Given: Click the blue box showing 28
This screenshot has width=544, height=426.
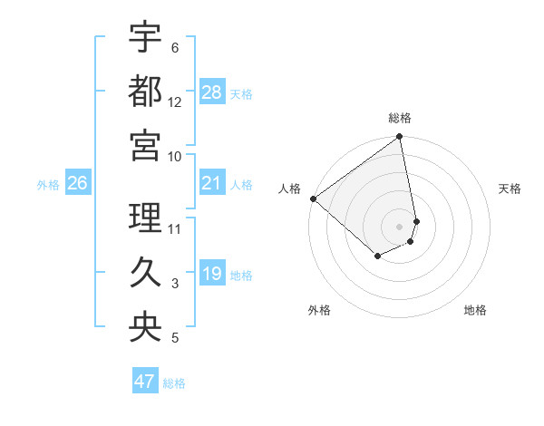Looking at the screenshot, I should click(212, 92).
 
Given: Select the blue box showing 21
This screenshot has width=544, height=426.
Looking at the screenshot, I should click(212, 184).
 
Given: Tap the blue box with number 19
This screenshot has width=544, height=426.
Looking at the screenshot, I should click(212, 275).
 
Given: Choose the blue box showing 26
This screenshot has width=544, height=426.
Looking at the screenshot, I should click(77, 184).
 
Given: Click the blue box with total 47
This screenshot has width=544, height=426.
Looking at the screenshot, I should click(145, 382).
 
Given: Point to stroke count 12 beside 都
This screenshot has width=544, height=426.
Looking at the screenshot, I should click(175, 102).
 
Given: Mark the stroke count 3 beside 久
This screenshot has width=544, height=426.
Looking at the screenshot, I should click(175, 285).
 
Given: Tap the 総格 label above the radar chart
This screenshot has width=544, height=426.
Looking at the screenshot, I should click(400, 118).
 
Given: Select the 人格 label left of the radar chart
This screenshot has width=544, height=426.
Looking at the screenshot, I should click(290, 189).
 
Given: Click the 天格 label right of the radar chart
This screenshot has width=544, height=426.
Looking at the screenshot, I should click(510, 189).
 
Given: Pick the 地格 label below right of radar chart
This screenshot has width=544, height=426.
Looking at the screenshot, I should click(475, 310).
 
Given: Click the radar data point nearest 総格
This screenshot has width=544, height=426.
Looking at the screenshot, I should click(399, 138).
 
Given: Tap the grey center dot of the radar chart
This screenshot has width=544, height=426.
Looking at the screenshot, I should click(399, 226).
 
